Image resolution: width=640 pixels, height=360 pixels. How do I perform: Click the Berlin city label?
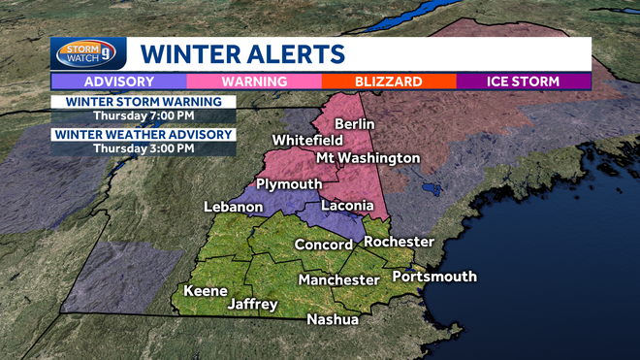(354, 124)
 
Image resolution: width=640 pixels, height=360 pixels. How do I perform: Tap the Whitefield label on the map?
(306, 141)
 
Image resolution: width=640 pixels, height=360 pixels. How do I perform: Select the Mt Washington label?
(368, 157)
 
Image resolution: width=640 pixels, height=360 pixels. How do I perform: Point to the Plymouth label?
(289, 185)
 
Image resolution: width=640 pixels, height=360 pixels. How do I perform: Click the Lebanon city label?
(234, 207)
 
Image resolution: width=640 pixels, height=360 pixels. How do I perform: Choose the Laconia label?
(346, 206)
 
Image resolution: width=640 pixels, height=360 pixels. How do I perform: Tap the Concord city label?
(324, 245)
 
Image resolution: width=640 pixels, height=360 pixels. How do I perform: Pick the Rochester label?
(399, 242)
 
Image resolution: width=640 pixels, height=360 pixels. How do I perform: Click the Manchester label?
(338, 279)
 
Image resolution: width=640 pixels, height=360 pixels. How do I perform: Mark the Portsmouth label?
(434, 277)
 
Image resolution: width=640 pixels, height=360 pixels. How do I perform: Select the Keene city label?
(206, 291)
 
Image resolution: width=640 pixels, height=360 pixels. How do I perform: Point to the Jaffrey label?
(252, 304)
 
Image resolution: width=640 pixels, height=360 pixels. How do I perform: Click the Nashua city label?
(333, 319)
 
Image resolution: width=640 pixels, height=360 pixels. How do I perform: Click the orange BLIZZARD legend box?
(389, 82)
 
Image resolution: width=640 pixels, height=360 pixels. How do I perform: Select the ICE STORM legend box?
(524, 82)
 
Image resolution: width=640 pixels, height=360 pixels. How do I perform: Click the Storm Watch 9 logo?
(87, 53)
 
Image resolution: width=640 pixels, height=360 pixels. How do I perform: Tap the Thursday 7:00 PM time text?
(144, 116)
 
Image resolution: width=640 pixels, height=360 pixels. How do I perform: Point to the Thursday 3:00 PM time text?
(144, 148)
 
